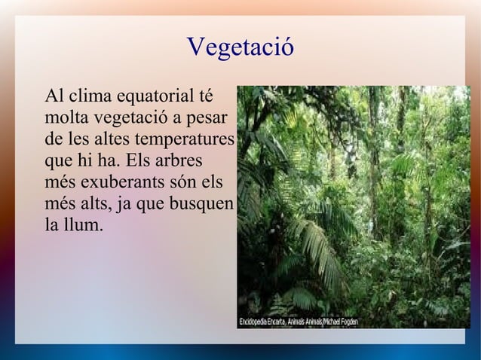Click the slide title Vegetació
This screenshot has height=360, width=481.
pyautogui.click(x=240, y=47)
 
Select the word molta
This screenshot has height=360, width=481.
pyautogui.click(x=66, y=118)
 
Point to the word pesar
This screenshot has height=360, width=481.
pyautogui.click(x=214, y=118)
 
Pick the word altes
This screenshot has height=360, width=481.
pyautogui.click(x=117, y=139)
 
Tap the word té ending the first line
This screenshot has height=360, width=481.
pyautogui.click(x=204, y=97)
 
